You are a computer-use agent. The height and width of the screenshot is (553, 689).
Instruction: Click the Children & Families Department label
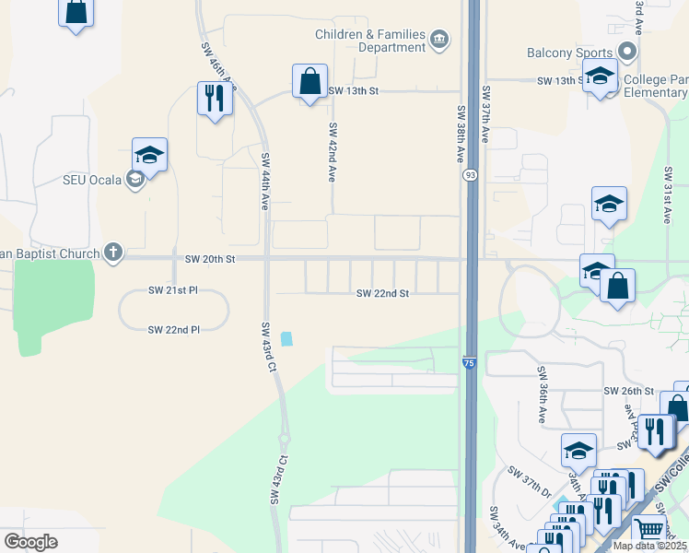[x=370, y=41]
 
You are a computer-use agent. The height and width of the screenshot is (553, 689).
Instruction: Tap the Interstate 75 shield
[x=469, y=364]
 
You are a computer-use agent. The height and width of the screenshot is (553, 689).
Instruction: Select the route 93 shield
[x=470, y=174]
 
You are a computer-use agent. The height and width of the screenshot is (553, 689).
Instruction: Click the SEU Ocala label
[x=93, y=179]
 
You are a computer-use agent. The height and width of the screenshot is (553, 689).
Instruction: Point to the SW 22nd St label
[x=382, y=293]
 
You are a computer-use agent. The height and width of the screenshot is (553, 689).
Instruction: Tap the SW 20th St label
[x=210, y=260]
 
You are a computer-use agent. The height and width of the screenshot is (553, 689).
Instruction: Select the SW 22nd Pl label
[x=174, y=329]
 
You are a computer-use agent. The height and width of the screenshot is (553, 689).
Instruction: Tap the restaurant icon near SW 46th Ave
[x=216, y=98]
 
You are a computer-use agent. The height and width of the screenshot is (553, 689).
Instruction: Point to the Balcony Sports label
[x=569, y=53]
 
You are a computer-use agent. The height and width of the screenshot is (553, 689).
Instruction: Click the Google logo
[x=30, y=542]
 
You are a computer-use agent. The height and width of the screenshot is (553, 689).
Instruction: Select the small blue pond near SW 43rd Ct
[x=287, y=338]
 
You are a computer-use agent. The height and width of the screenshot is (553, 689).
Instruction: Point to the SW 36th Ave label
[x=541, y=392]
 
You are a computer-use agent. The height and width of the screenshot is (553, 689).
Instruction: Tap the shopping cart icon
[x=650, y=530]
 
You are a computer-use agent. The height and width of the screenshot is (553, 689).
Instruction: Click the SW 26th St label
[x=628, y=391]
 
